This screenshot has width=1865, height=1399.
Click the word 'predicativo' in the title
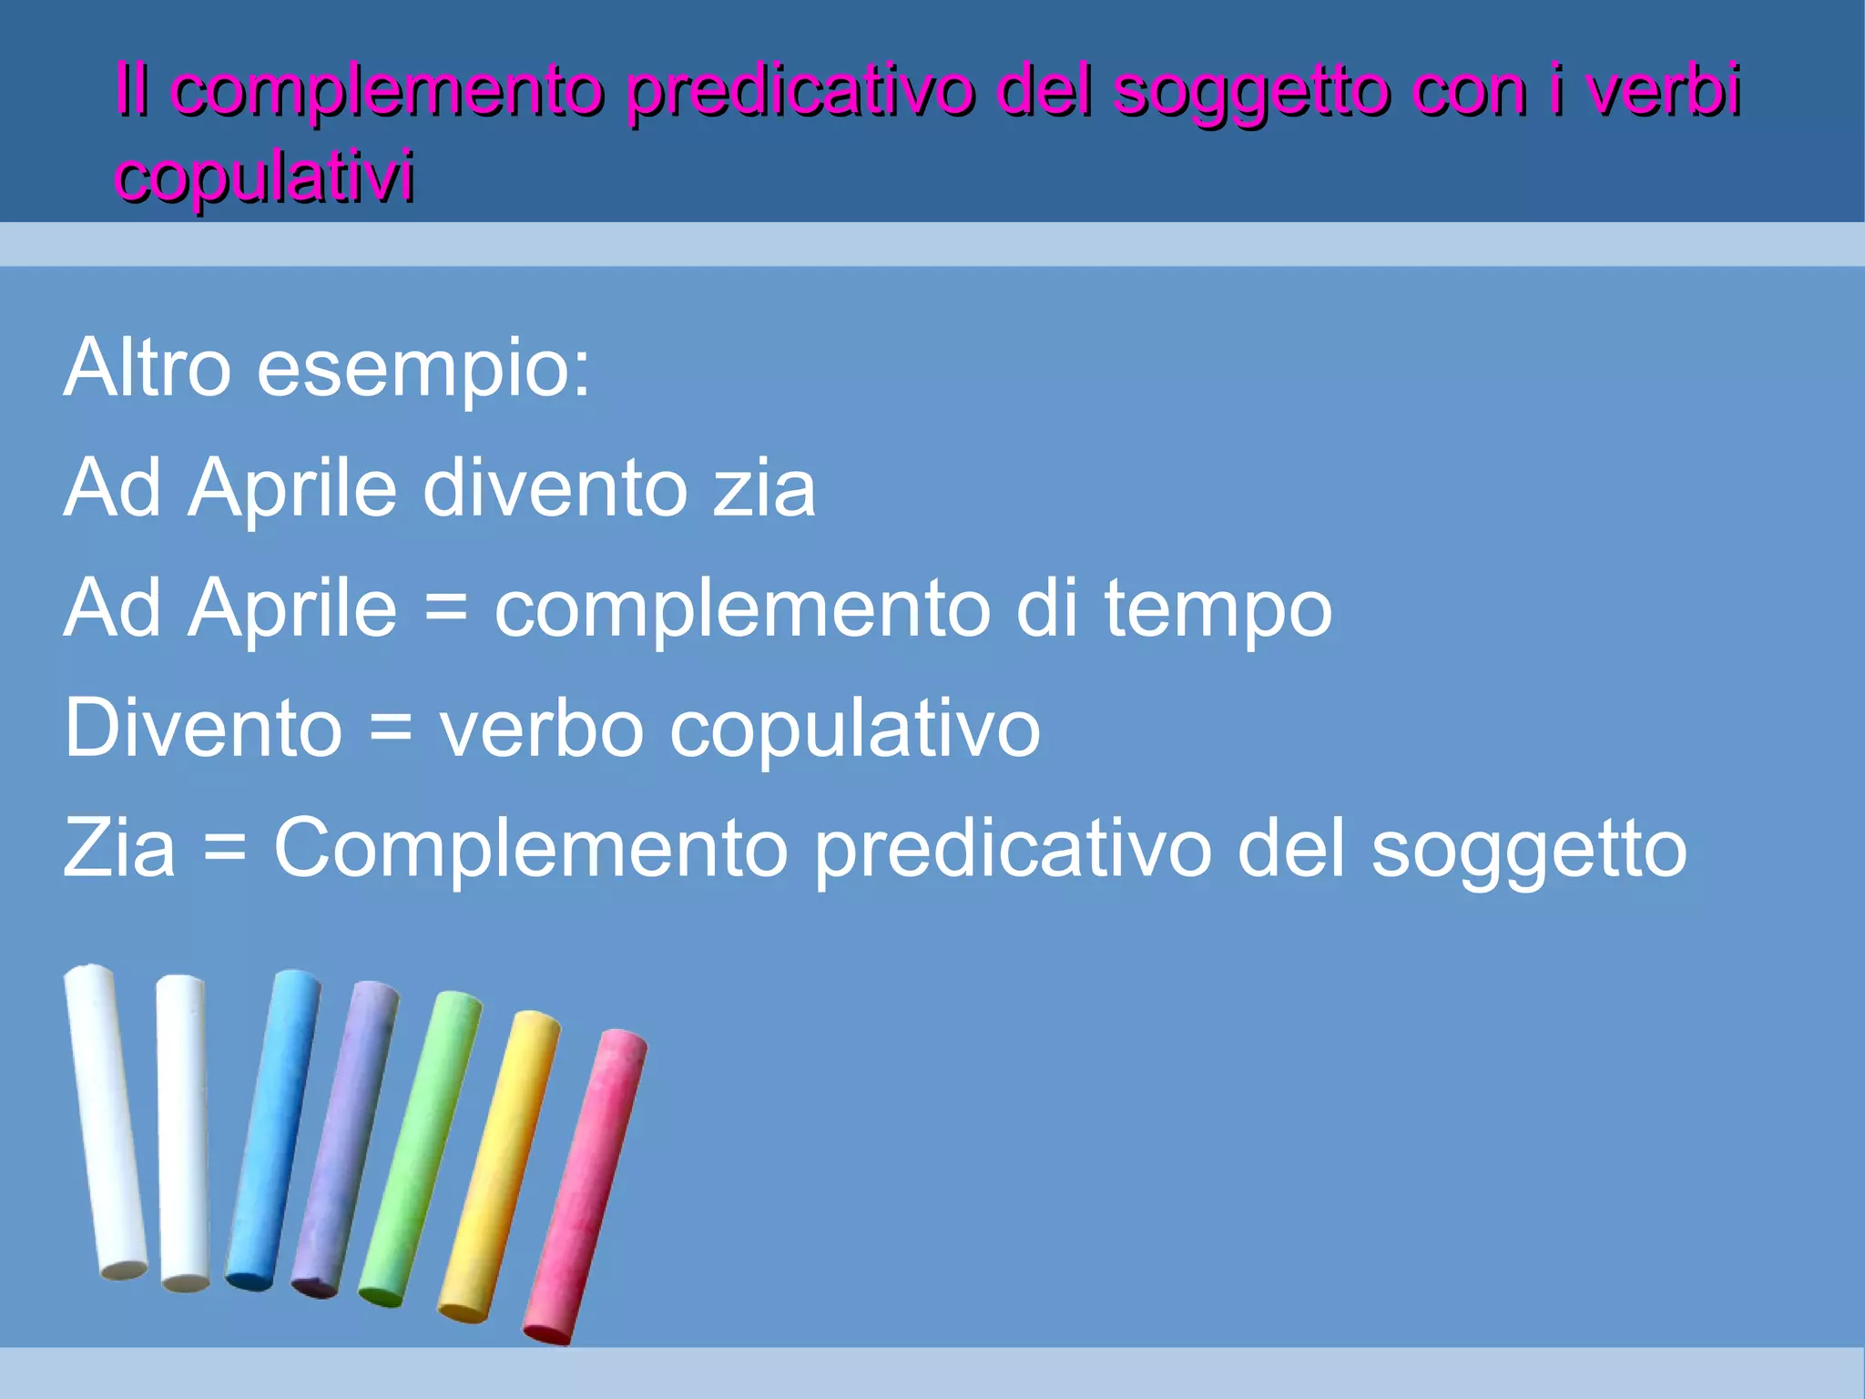800,91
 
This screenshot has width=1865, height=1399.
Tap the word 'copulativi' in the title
264,175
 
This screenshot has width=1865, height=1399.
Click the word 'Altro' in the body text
148,367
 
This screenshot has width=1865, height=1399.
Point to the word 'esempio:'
424,369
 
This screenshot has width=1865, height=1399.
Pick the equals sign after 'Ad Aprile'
446,608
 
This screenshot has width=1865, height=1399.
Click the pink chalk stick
585,1184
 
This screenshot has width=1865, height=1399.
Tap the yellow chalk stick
499,1166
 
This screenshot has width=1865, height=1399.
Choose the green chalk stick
420,1148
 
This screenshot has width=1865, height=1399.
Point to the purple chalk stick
345,1139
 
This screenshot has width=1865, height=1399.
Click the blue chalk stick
273,1129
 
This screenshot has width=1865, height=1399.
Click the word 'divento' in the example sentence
555,488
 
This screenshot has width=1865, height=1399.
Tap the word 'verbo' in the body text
542,729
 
